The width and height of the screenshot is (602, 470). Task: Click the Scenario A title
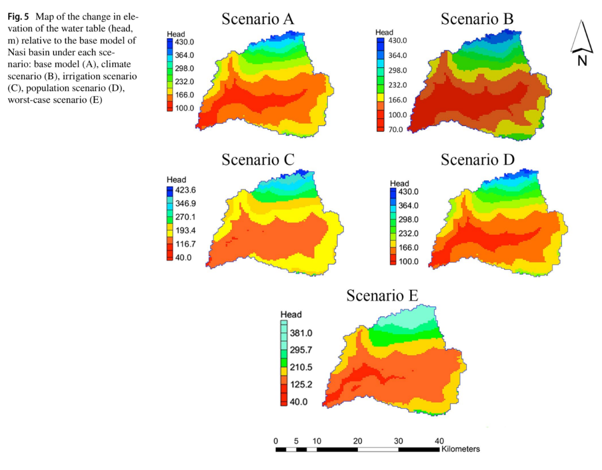tap(258, 19)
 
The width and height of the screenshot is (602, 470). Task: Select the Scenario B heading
tap(477, 19)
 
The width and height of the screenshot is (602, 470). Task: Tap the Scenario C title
tap(258, 159)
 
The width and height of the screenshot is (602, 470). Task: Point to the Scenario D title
tap(478, 159)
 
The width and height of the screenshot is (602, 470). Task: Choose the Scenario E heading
tap(382, 295)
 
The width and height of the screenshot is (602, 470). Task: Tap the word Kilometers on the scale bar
tap(460, 449)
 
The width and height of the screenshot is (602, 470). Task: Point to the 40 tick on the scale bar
tap(439, 441)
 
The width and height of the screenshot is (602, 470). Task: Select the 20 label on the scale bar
tap(358, 441)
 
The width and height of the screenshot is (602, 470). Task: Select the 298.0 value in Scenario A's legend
tap(185, 69)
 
